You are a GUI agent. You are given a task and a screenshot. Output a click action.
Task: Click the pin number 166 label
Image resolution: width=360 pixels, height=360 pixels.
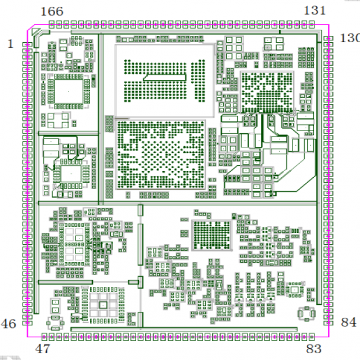coord(52,11)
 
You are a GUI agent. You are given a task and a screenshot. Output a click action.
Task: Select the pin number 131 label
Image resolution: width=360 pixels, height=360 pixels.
coord(315,11)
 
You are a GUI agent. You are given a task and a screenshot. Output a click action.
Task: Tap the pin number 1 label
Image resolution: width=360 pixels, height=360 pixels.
coord(10,44)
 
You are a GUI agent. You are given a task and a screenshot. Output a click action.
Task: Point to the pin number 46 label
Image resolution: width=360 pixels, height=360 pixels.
coord(8,324)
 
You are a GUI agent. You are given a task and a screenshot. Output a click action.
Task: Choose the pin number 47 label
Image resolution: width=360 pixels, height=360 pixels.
coord(43,349)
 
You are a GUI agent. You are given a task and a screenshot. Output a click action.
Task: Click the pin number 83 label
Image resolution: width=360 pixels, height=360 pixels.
coord(314,349)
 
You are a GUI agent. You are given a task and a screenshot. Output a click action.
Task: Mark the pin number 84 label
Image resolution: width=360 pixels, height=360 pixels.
coord(349,322)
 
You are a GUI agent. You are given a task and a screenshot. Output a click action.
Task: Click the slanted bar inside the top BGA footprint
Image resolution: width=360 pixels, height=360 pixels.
coord(165,78)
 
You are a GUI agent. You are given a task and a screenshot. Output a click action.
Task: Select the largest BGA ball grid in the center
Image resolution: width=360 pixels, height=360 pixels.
coord(161,155)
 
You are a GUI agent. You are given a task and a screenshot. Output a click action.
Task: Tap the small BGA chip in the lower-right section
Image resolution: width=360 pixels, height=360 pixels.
coord(211,235)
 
